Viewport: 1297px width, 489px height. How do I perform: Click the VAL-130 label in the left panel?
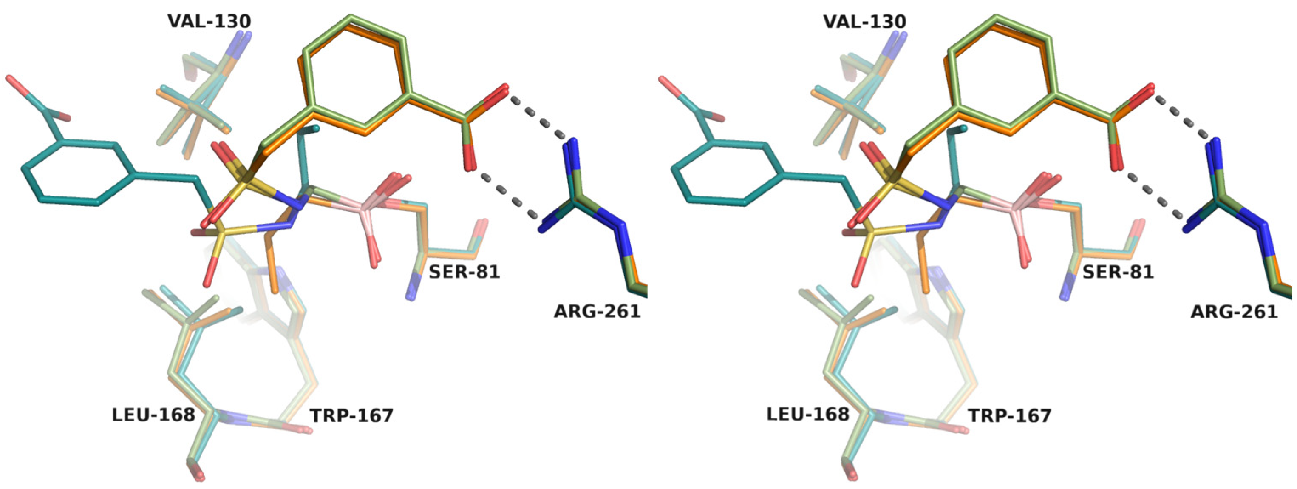209,22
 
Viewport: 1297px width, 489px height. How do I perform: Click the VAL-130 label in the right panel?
864,22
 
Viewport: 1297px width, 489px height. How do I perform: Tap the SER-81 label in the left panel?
464,272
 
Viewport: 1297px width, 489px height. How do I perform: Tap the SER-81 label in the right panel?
1118,272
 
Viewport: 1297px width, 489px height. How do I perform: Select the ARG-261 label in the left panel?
597,312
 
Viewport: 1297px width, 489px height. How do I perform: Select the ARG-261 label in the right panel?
1234,312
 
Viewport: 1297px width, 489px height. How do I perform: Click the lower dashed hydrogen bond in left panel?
510,196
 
